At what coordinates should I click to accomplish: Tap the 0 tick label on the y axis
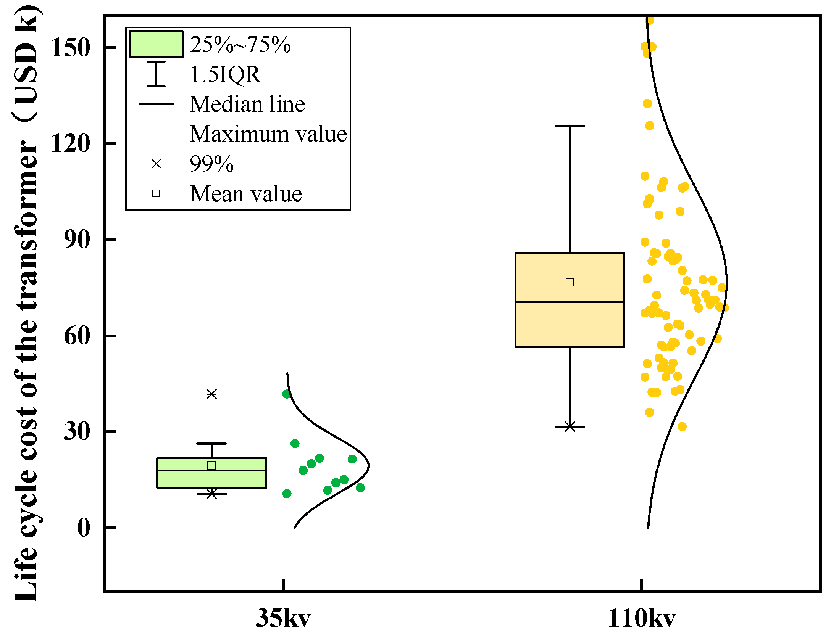84,528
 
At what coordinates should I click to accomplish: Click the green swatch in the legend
156,44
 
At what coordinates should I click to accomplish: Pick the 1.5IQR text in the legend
225,74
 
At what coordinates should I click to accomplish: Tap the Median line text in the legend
247,104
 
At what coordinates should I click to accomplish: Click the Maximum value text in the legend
268,134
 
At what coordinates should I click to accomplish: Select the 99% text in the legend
211,164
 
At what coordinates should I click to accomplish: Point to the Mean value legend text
246,194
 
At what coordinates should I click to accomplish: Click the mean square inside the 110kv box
570,282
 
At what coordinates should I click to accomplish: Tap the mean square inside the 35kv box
211,465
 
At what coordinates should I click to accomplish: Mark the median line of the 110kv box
570,302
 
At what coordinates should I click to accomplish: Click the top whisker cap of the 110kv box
570,125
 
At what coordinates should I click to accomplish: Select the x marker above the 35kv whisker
211,394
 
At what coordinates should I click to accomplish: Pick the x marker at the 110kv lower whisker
570,426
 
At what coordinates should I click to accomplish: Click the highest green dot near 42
287,394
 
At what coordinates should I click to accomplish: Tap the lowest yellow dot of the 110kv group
682,426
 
